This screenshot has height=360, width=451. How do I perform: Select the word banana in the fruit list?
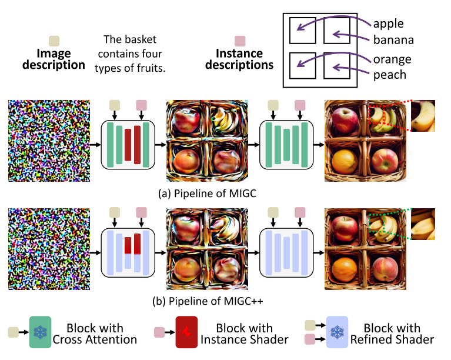pyautogui.click(x=393, y=41)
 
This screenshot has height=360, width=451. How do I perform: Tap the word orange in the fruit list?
pyautogui.click(x=392, y=59)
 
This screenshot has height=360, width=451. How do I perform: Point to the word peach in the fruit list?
pyautogui.click(x=389, y=75)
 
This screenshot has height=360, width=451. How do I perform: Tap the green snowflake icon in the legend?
pyautogui.click(x=40, y=332)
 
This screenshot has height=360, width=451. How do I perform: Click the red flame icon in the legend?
pyautogui.click(x=186, y=333)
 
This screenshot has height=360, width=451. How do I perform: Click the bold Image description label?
pyautogui.click(x=54, y=59)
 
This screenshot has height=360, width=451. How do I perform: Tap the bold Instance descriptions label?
pyautogui.click(x=240, y=59)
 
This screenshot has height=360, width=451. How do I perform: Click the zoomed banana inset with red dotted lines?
pyautogui.click(x=423, y=115)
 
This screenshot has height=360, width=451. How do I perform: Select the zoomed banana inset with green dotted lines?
pyautogui.click(x=423, y=224)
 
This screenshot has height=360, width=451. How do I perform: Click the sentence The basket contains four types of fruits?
pyautogui.click(x=135, y=54)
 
